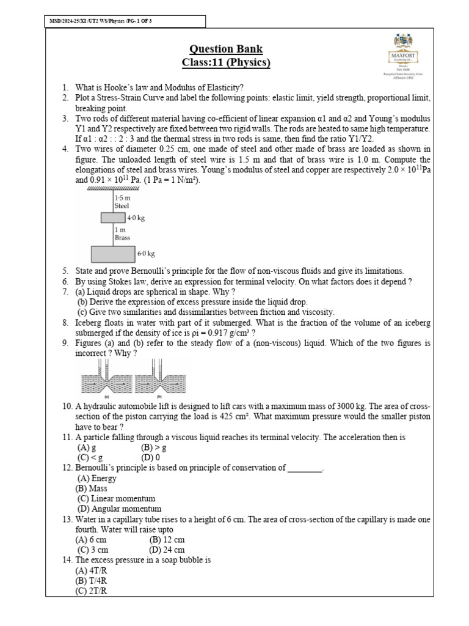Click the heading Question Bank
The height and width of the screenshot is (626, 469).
(226, 50)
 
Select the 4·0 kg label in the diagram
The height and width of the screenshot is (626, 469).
(136, 218)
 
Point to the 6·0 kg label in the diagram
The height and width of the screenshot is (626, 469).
(146, 253)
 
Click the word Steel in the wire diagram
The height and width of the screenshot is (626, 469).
(122, 207)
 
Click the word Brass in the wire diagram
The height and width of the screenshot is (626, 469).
(122, 238)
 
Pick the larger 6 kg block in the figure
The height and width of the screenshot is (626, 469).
(113, 253)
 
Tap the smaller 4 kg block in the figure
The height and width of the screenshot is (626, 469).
(113, 218)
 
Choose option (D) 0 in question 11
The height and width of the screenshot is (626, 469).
(150, 457)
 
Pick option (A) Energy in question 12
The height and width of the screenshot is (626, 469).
(96, 479)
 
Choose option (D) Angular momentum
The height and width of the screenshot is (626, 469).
(119, 509)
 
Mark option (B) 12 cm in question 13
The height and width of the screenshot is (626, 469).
(167, 540)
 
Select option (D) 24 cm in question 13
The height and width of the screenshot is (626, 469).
(167, 550)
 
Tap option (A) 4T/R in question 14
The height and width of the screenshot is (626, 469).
(91, 570)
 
